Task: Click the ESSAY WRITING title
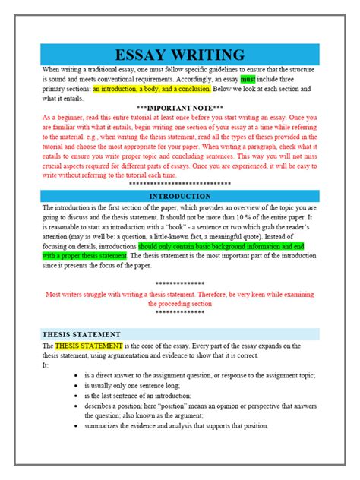[180, 55]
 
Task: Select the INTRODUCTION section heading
[180, 196]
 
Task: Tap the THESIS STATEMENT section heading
[82, 334]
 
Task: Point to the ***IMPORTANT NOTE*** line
[180, 108]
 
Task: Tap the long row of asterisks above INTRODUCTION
[180, 185]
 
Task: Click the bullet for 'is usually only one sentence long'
[77, 387]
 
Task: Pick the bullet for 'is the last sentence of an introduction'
[77, 396]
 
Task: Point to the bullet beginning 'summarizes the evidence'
[77, 426]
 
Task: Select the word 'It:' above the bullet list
[46, 365]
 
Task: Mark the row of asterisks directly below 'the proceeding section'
[180, 312]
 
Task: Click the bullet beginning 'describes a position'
[77, 406]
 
